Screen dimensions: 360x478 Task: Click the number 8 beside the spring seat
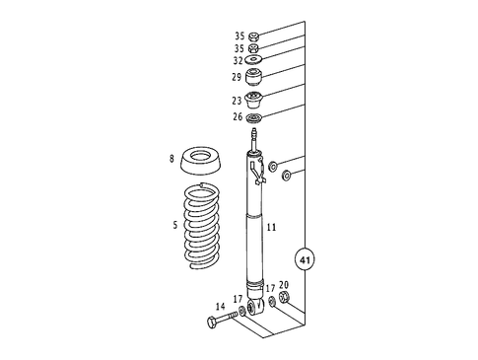click(x=171, y=158)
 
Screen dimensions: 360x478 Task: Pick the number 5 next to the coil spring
click(x=176, y=225)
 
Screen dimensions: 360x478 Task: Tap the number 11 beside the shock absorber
click(x=271, y=227)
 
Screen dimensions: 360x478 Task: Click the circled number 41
click(x=305, y=261)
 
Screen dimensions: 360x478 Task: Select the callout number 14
click(x=220, y=307)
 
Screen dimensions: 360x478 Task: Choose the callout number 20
click(x=284, y=284)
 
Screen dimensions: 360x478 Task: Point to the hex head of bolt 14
click(x=212, y=323)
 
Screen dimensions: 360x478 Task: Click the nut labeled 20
click(x=285, y=298)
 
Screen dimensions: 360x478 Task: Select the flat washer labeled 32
click(x=253, y=60)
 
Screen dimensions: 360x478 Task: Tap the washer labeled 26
click(x=253, y=118)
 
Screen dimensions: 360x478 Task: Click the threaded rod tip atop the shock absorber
click(x=253, y=131)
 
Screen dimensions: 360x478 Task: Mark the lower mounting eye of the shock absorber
click(x=254, y=306)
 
